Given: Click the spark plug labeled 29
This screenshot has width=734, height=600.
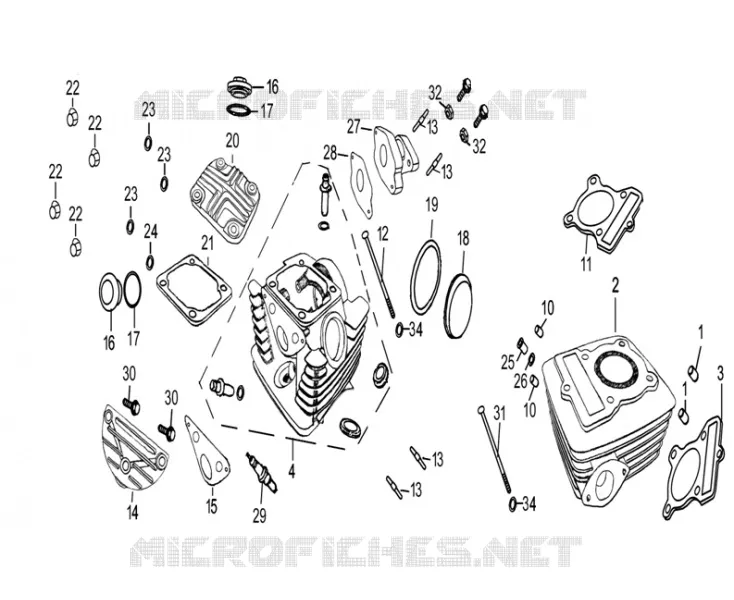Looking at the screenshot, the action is (x=262, y=472).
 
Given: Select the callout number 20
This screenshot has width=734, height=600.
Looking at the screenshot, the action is (x=232, y=140).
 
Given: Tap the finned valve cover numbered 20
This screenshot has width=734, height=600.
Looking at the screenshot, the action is (x=225, y=200).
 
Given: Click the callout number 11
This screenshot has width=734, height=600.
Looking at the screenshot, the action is (x=587, y=264).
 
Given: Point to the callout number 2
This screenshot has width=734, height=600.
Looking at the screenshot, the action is (x=616, y=285).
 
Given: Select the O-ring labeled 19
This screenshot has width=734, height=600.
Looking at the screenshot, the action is (x=426, y=277).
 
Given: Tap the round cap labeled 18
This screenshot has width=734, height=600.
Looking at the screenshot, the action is (x=458, y=306).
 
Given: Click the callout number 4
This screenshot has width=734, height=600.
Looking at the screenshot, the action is (x=292, y=471).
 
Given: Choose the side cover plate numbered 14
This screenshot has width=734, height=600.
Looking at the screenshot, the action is (x=133, y=447).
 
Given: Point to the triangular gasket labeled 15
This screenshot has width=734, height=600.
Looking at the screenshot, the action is (x=207, y=449).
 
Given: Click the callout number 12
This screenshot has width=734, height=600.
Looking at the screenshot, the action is (x=382, y=234).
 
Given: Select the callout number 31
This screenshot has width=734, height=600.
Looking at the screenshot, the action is (x=500, y=413).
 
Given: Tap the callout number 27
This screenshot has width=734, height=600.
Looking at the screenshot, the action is (x=353, y=126).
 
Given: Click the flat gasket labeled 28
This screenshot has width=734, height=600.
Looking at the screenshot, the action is (x=361, y=185).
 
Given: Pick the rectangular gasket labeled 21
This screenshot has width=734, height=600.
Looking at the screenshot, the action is (x=194, y=290).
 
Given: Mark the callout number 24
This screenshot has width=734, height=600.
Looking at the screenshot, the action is (x=151, y=231).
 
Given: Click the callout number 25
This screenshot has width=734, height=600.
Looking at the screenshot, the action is (x=507, y=362).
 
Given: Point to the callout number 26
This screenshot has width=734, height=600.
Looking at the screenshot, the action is (x=521, y=382).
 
